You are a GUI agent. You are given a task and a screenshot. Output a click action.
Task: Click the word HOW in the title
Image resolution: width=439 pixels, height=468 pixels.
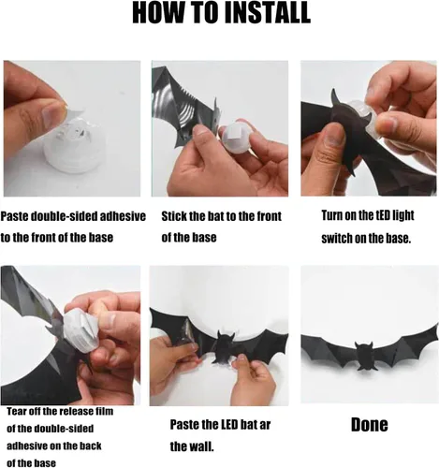pos(154,12)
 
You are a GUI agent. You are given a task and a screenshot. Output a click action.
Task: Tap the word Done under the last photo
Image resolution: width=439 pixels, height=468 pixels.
pos(370,424)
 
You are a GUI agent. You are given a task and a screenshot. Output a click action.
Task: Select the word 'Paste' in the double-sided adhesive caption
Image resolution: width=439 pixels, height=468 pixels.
pos(15,216)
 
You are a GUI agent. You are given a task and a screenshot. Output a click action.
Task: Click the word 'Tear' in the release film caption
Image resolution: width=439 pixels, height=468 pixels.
pos(16,411)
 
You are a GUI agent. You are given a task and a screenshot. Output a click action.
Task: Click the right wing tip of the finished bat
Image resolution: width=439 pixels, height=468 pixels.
pos(436,326)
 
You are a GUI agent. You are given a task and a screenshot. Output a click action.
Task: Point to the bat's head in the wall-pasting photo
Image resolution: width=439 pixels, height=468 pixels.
pos(226,339)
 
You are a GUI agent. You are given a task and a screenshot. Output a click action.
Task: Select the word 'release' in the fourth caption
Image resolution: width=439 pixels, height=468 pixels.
pos(72,411)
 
